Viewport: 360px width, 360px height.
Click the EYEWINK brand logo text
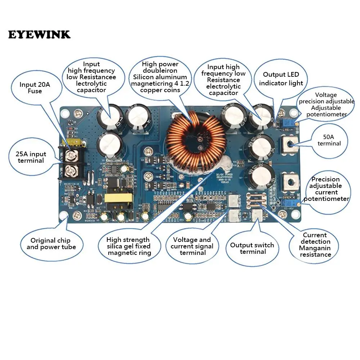point(39,35)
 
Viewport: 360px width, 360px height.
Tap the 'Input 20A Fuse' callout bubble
point(35,88)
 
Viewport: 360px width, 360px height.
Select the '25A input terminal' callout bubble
point(31,157)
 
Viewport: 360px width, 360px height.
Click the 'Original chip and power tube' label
point(51,244)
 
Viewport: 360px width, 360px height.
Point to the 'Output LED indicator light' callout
point(281,79)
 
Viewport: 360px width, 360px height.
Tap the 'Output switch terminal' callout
point(252,248)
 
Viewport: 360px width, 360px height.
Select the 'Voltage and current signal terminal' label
point(192,246)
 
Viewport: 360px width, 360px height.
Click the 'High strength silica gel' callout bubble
point(129,246)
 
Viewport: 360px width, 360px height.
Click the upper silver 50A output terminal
point(290,144)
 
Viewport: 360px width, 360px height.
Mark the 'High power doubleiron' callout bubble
point(161,77)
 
